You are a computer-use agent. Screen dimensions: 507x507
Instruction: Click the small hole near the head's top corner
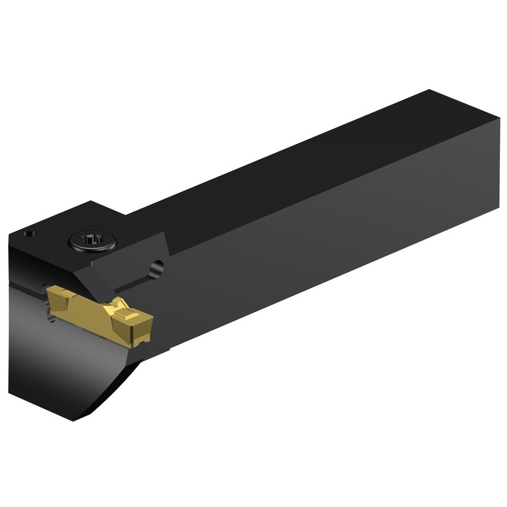point(28,234)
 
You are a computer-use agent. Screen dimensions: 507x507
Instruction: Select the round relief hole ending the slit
point(156,268)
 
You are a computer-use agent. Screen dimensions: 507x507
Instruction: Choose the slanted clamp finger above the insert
point(128,261)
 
